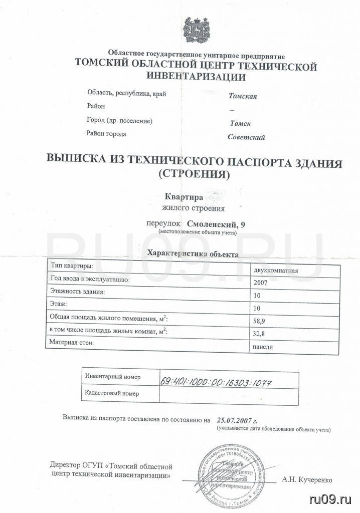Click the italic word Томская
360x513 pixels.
pyautogui.click(x=243, y=96)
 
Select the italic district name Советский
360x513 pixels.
pyautogui.click(x=246, y=137)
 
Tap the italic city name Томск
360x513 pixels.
pyautogui.click(x=240, y=123)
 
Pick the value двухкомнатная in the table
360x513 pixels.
pyautogui.click(x=277, y=271)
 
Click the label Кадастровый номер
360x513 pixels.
pyautogui.click(x=112, y=394)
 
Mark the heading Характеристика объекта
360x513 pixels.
pyautogui.click(x=193, y=254)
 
